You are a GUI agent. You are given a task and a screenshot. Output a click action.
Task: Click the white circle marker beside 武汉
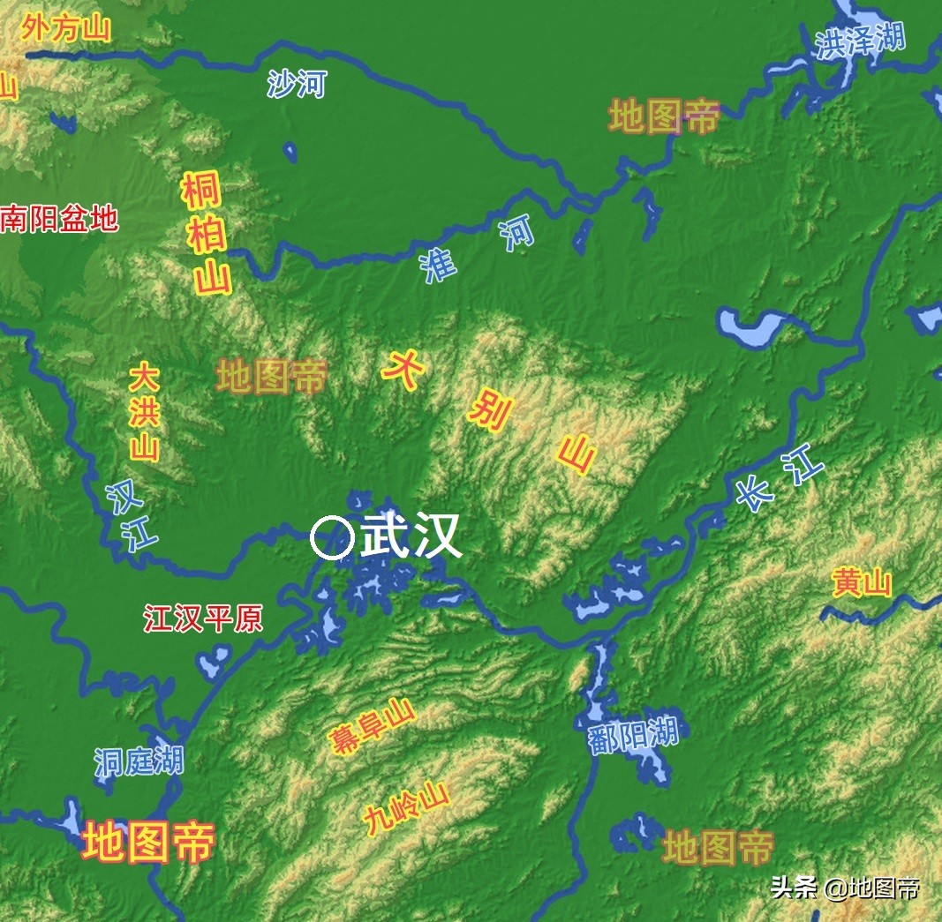[x=332, y=537]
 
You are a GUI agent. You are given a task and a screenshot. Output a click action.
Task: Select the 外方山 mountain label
[x=66, y=28]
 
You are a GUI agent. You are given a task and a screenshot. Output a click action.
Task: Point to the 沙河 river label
[x=297, y=85]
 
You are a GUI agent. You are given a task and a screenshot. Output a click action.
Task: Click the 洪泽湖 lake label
[x=860, y=41]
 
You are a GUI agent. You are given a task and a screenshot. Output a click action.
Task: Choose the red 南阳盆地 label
[x=59, y=218]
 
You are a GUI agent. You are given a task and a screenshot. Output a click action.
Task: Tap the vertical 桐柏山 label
[x=207, y=234]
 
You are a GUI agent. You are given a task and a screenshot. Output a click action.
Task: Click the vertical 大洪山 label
[x=144, y=413]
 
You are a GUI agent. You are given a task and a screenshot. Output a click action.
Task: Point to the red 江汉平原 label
[x=203, y=619]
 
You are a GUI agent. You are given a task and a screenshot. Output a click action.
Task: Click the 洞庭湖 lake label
[x=139, y=761]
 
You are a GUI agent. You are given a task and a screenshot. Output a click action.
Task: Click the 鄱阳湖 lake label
[x=633, y=735]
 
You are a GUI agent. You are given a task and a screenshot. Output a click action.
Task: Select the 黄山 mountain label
[x=862, y=583]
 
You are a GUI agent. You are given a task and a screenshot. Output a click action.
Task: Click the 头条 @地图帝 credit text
[x=845, y=887]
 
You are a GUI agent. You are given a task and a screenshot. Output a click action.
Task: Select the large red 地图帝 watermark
[x=148, y=842]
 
